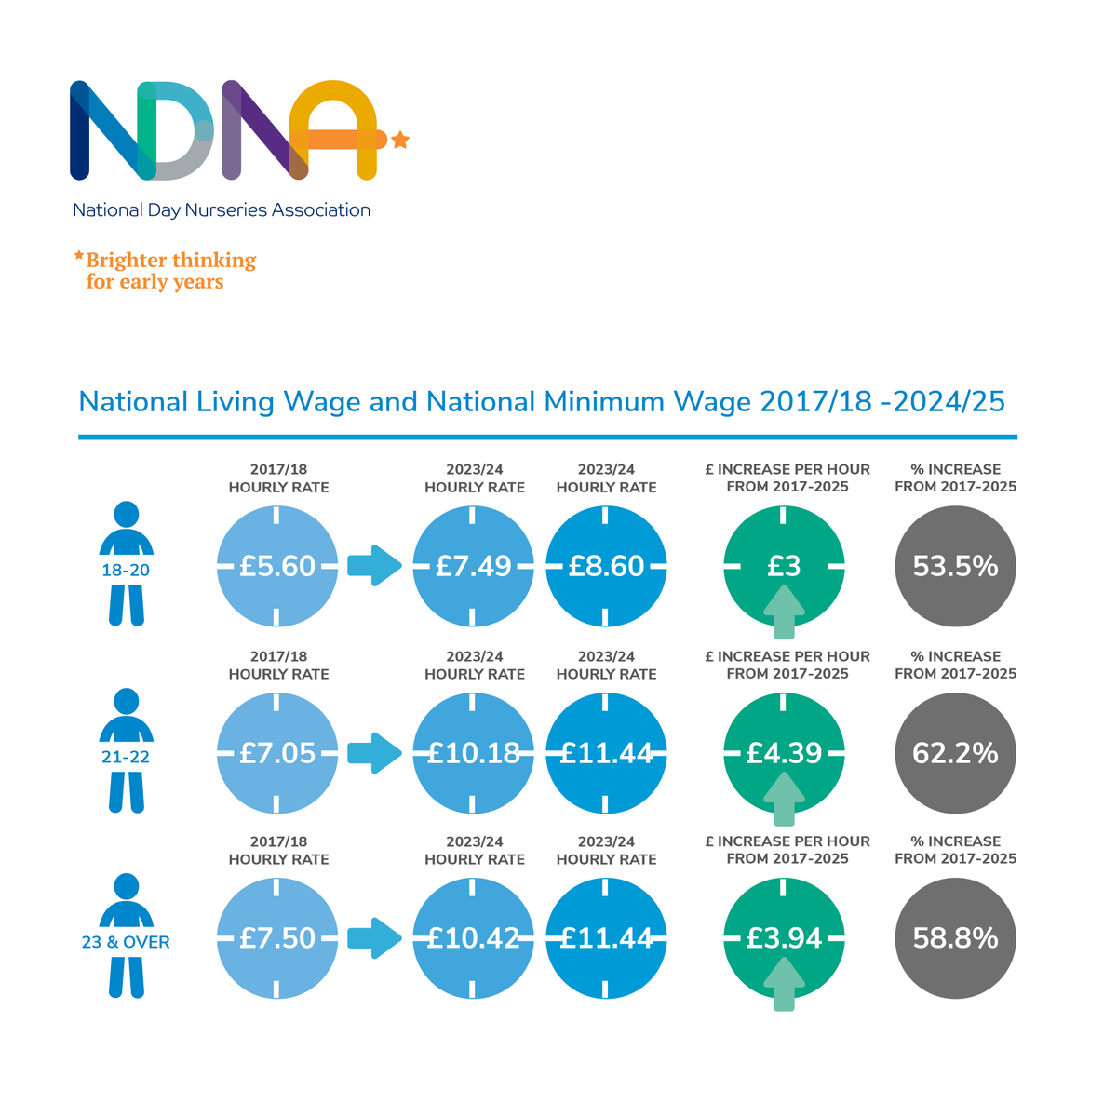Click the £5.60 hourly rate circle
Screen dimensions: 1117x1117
(x=277, y=566)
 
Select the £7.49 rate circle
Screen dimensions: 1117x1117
(x=474, y=566)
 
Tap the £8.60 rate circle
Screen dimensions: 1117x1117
(x=606, y=566)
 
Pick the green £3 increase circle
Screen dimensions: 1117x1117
(x=784, y=566)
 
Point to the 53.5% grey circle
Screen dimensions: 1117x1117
(x=955, y=566)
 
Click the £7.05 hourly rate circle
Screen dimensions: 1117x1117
(x=277, y=752)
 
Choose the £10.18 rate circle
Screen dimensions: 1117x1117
(x=474, y=752)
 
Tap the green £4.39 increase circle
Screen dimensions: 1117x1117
(x=784, y=752)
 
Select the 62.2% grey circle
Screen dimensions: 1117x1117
(x=955, y=752)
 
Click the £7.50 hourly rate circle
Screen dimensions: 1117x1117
(x=277, y=937)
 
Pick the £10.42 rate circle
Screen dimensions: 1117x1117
(x=474, y=937)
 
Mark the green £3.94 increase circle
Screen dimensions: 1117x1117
(x=784, y=937)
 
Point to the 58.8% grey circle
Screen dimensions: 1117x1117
(x=955, y=937)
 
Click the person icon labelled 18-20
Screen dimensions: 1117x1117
(x=126, y=564)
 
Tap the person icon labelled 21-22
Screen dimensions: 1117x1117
(x=126, y=750)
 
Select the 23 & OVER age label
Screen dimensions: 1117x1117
(x=126, y=942)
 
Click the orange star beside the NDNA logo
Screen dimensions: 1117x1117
(x=400, y=141)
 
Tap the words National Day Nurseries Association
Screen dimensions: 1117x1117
(x=222, y=210)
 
